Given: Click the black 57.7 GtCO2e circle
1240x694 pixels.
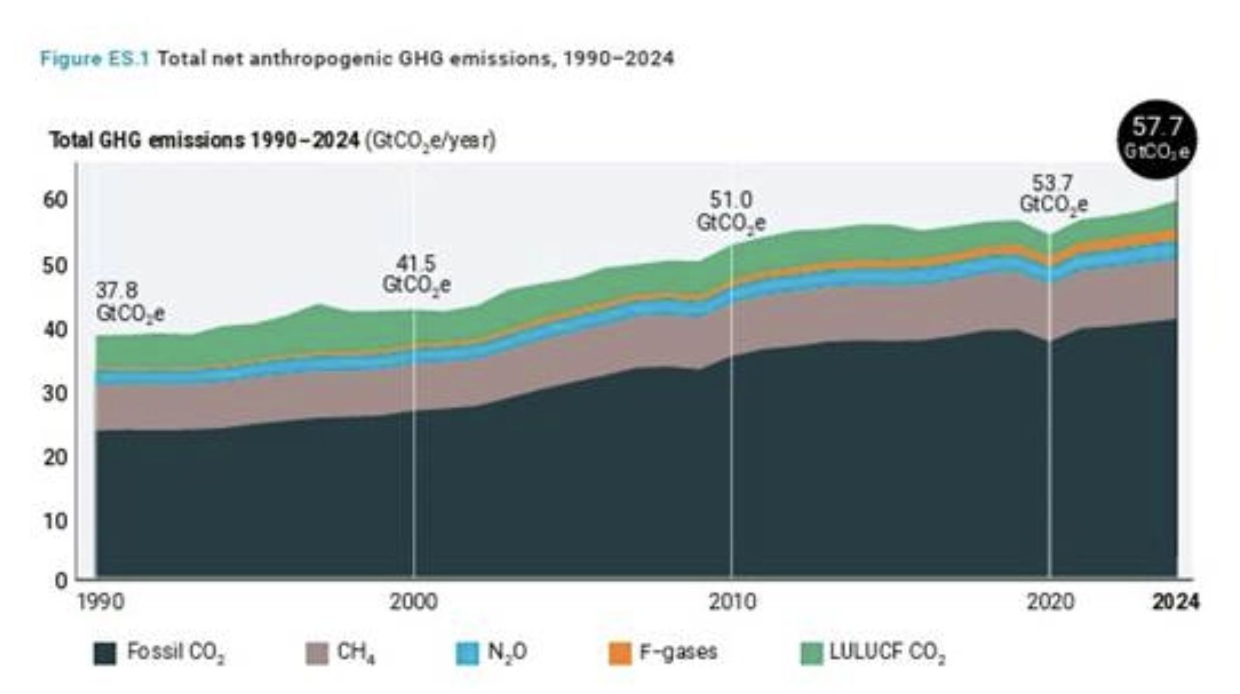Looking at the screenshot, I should point(1156,138).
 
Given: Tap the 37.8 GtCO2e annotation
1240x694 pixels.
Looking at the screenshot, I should point(129,302).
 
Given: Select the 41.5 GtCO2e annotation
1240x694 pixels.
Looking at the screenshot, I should point(416,274).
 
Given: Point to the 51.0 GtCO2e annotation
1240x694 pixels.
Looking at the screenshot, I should point(731,212).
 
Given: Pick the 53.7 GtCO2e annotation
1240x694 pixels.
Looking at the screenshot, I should point(1053,194).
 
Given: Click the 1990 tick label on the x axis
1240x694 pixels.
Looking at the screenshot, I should point(101,602).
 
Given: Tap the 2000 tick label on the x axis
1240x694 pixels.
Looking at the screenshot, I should point(413,602).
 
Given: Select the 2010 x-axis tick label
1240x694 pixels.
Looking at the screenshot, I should point(732,602).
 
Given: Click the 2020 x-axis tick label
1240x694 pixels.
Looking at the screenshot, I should point(1050,602).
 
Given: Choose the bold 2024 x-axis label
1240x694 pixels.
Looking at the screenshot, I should point(1175,602).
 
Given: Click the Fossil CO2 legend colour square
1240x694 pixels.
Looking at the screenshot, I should point(105,653).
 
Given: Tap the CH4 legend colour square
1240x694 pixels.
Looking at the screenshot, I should point(316,653).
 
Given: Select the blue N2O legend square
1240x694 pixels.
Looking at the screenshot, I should point(467,653).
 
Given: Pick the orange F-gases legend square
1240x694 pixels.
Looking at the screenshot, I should point(620,653).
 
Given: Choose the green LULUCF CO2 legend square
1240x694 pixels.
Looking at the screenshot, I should point(811,653).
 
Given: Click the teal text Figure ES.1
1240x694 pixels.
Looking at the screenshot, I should point(95,58).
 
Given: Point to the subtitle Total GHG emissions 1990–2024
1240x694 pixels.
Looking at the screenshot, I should point(205,140).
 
